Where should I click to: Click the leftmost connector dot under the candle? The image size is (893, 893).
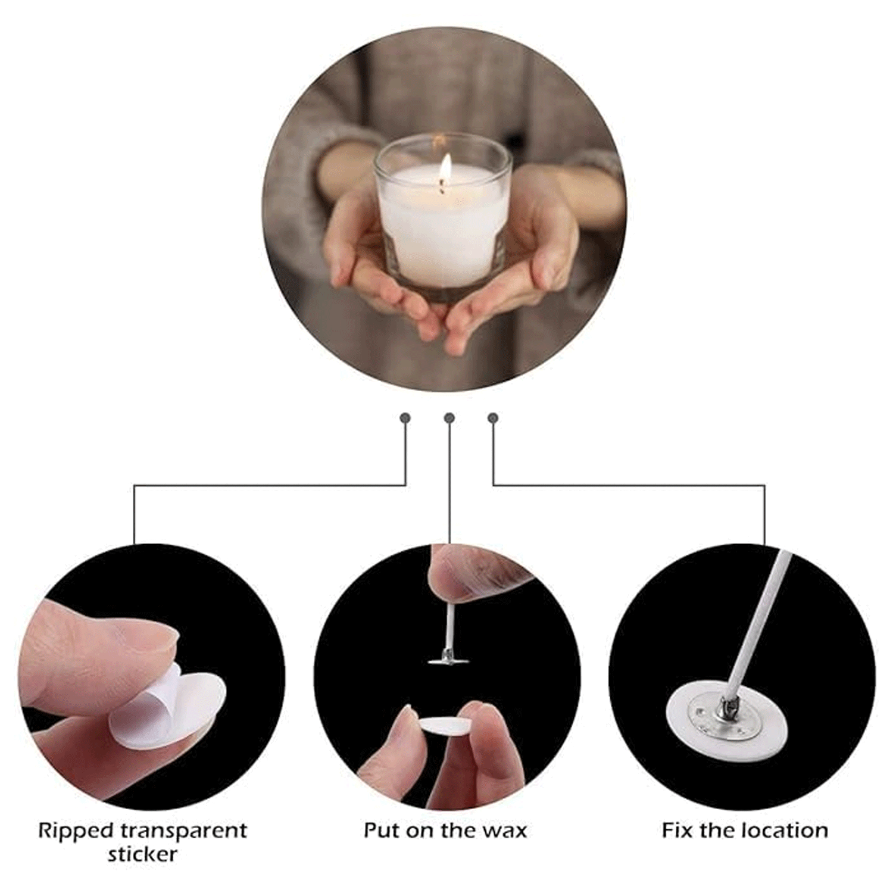click(x=405, y=418)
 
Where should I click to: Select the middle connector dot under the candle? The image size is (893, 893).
click(x=449, y=418)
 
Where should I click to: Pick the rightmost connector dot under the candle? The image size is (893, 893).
click(x=492, y=418)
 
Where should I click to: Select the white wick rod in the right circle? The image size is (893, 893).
click(x=757, y=627)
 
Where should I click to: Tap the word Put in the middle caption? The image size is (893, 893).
click(x=383, y=830)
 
